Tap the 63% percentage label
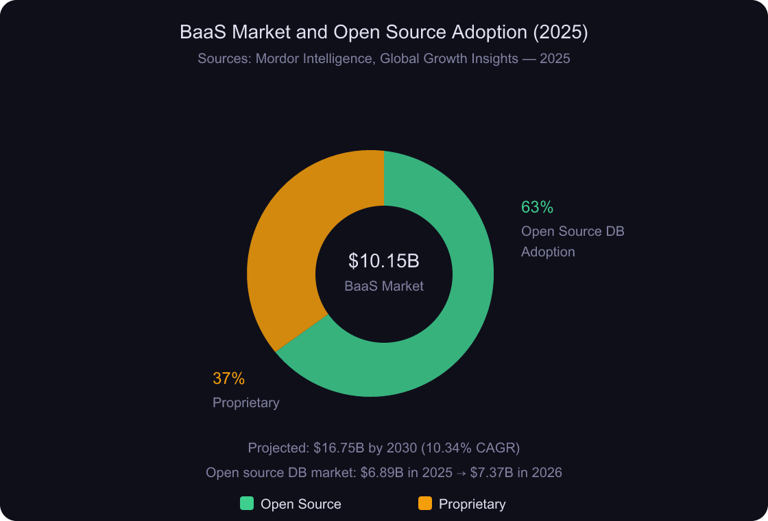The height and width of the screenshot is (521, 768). (537, 207)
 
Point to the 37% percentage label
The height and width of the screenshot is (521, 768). (228, 378)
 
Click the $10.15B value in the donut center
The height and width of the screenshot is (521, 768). (383, 261)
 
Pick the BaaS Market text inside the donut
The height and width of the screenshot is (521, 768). (383, 286)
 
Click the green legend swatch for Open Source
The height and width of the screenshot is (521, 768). (247, 504)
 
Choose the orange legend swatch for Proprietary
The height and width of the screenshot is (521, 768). (425, 504)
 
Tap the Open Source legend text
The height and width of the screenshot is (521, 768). (300, 504)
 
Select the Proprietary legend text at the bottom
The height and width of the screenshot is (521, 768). (472, 504)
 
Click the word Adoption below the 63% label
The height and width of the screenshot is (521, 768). (548, 252)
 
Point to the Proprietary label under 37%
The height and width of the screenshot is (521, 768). (245, 402)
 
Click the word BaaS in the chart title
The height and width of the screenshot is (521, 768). (200, 32)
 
